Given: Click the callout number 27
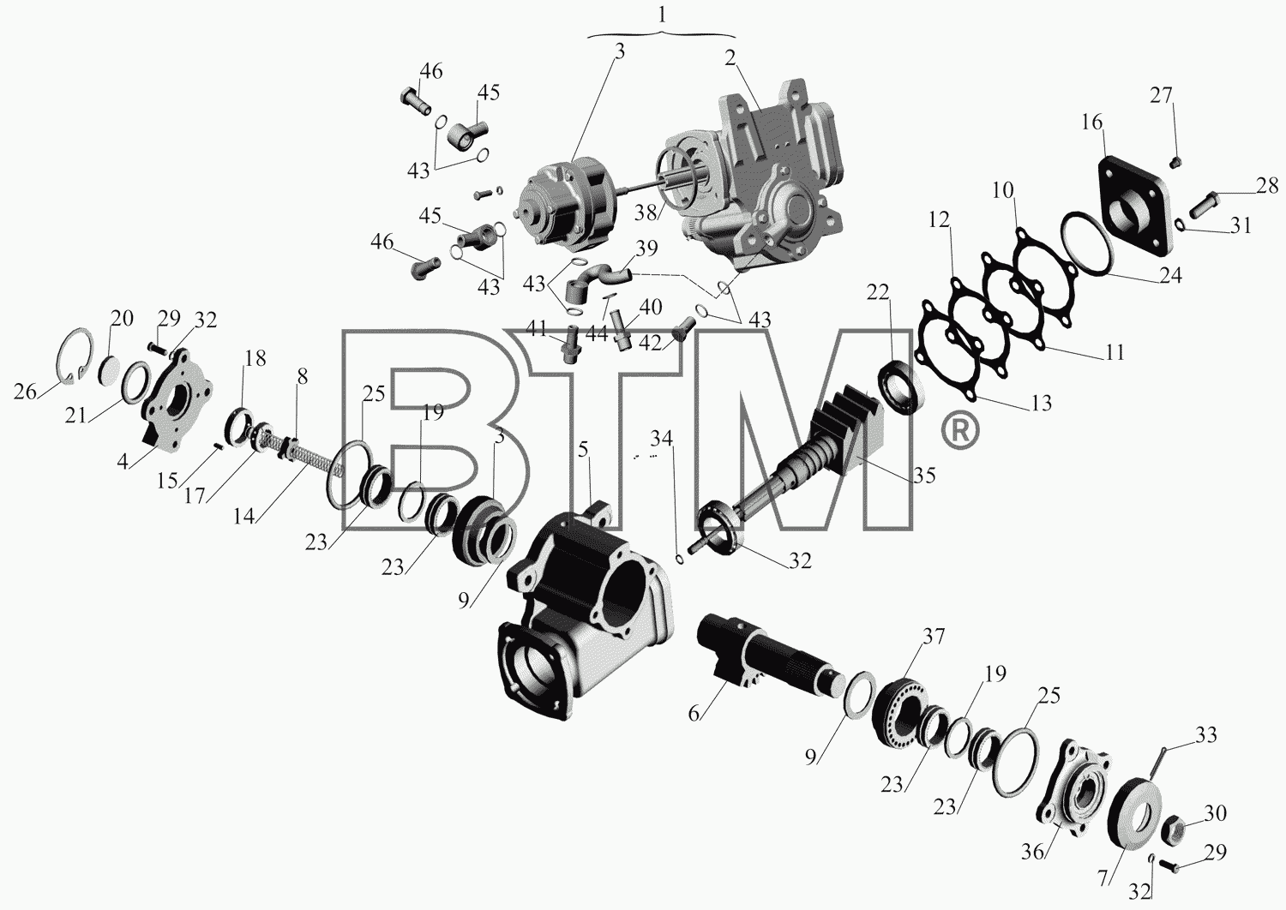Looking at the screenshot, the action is tap(1161, 96).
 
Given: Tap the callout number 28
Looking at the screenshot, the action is tap(1267, 186).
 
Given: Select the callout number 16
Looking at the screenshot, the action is tap(1092, 123).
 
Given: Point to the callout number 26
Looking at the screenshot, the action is tap(25, 392).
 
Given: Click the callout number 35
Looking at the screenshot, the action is tap(923, 475).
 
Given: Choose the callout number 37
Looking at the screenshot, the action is tap(933, 637).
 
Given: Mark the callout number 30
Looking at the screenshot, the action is tap(1216, 813).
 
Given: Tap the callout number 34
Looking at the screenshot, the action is tap(661, 439).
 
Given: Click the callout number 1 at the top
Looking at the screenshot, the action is tap(663, 15).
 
